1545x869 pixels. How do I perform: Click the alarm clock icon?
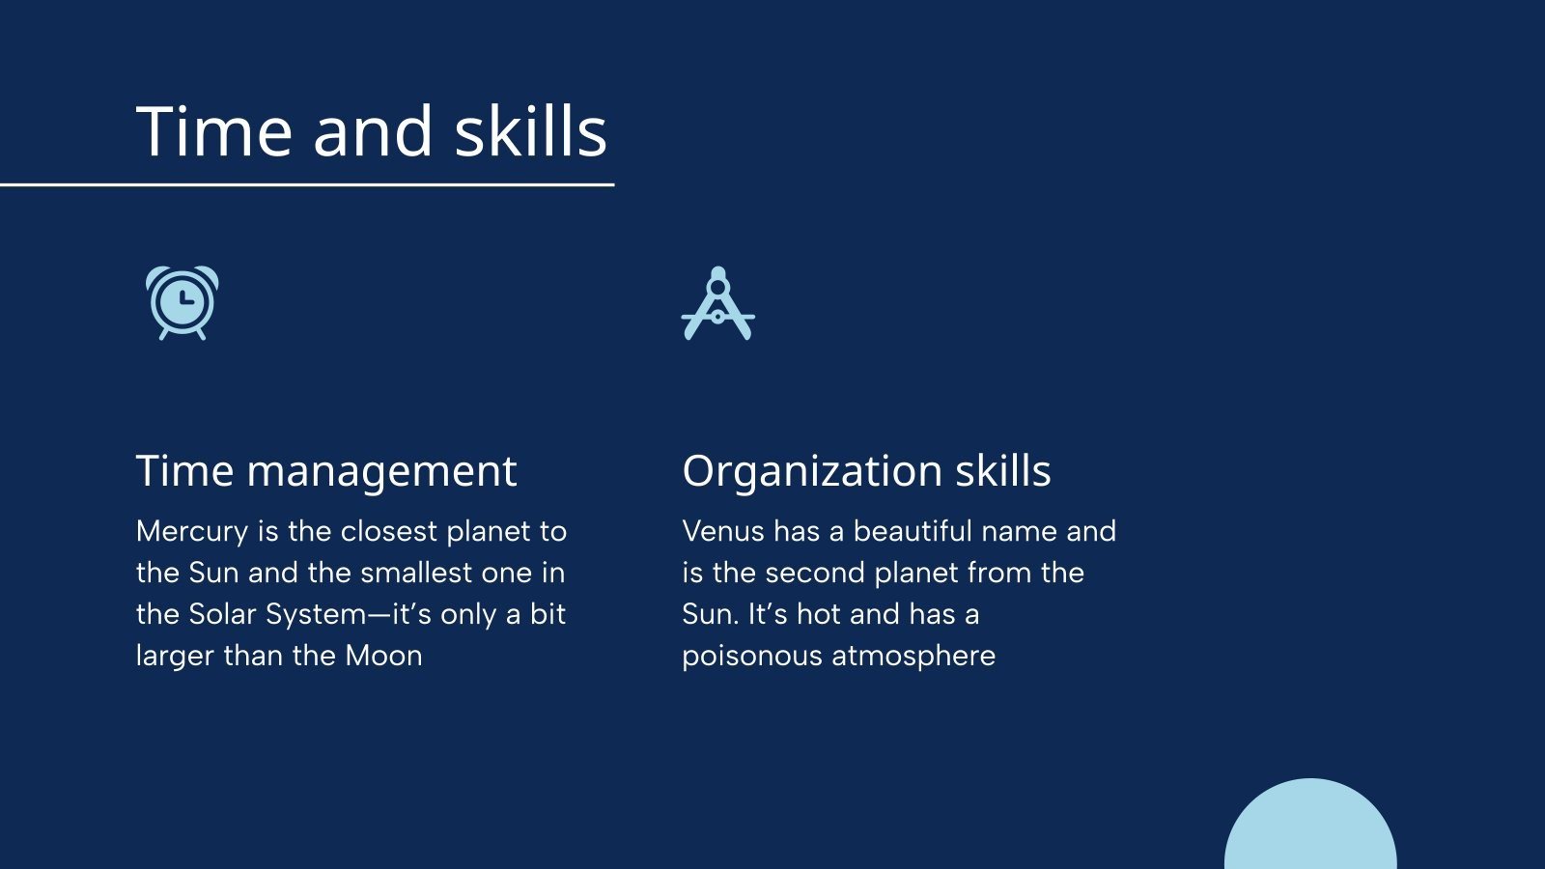pyautogui.click(x=183, y=303)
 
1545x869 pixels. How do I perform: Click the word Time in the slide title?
pyautogui.click(x=213, y=131)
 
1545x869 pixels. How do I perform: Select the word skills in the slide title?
pyautogui.click(x=530, y=131)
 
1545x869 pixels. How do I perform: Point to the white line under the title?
pyautogui.click(x=307, y=184)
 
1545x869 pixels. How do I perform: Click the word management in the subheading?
pyautogui.click(x=381, y=473)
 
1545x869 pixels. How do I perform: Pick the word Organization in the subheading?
pyautogui.click(x=812, y=473)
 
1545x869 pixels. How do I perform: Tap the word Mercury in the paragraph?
pyautogui.click(x=192, y=532)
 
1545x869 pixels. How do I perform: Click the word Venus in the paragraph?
pyautogui.click(x=723, y=532)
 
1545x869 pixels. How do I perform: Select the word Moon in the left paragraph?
pyautogui.click(x=383, y=656)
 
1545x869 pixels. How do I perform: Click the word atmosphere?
pyautogui.click(x=913, y=657)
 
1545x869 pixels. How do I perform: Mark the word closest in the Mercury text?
pyautogui.click(x=389, y=532)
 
